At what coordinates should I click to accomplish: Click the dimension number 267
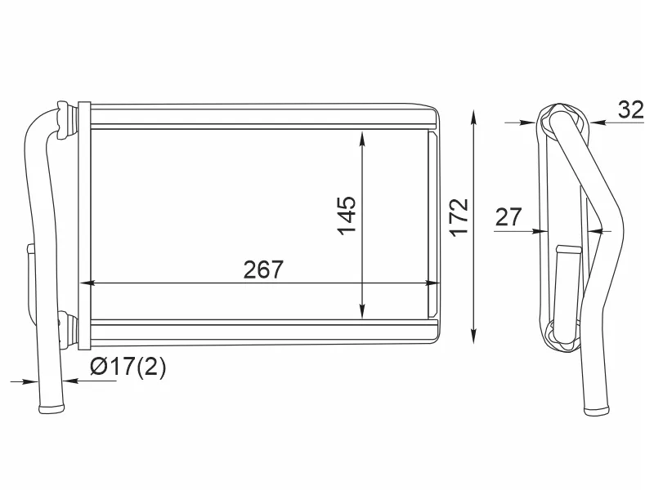[263, 269]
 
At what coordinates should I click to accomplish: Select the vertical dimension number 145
[347, 216]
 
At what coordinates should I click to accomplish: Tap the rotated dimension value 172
[459, 217]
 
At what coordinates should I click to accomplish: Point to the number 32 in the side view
[630, 109]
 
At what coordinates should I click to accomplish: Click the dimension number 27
[508, 216]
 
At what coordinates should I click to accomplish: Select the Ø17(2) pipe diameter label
[128, 367]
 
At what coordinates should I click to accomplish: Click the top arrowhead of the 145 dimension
[361, 139]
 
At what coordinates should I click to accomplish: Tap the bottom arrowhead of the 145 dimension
[361, 311]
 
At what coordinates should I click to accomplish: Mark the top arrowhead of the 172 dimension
[473, 118]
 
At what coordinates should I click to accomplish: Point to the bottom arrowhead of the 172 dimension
[473, 336]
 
